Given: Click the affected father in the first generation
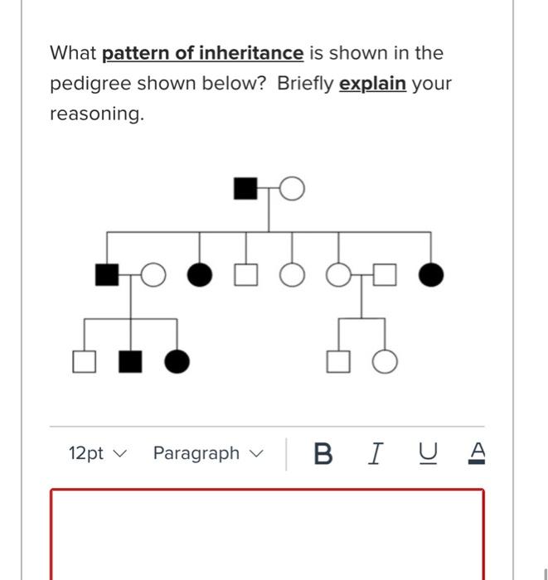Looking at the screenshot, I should (245, 189).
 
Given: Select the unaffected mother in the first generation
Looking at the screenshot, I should (292, 190).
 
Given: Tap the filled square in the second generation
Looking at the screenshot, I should (107, 274).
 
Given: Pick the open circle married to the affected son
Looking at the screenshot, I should (153, 274).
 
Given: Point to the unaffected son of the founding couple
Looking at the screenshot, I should (245, 274).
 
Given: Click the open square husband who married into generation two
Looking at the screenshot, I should (384, 274).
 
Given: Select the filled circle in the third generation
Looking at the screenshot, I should (177, 361).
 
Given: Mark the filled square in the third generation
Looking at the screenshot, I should (129, 361).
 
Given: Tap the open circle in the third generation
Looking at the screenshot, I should (384, 361).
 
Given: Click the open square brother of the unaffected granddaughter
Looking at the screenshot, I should (337, 361).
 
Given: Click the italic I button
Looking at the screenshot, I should (376, 453).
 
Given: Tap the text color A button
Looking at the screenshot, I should (476, 453).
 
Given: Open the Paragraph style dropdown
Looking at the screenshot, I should (207, 453).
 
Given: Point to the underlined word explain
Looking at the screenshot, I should (372, 84).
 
